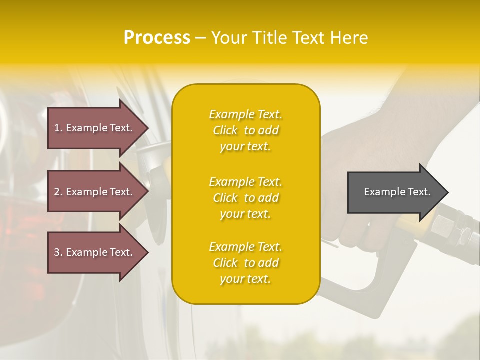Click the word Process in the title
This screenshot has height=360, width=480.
coord(157,38)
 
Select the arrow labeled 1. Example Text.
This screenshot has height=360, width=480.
coord(95,128)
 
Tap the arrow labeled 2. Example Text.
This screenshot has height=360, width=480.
coord(95,192)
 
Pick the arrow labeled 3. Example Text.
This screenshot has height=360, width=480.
coord(95,252)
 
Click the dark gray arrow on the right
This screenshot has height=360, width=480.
coord(395,192)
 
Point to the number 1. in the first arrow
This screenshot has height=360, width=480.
coord(58,128)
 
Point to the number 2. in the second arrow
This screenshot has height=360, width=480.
coord(58,192)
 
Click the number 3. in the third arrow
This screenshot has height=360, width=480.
coord(58,252)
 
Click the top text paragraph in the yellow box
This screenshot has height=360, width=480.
coord(245,130)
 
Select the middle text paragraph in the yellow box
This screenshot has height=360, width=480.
coord(245,198)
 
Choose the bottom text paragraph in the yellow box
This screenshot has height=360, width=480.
coord(245,263)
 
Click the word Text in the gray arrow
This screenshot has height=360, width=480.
coord(419,192)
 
